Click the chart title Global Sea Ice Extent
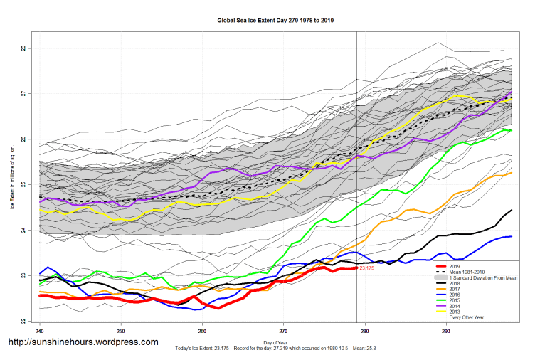275,21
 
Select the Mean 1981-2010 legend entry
463,272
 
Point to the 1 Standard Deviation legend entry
477,278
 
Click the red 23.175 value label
367,268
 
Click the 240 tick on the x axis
40,332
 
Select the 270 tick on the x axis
284,332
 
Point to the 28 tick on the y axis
23,48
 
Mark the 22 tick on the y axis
23,321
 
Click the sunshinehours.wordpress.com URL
83,342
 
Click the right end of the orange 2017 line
512,173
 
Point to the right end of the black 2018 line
512,210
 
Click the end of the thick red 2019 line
357,268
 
